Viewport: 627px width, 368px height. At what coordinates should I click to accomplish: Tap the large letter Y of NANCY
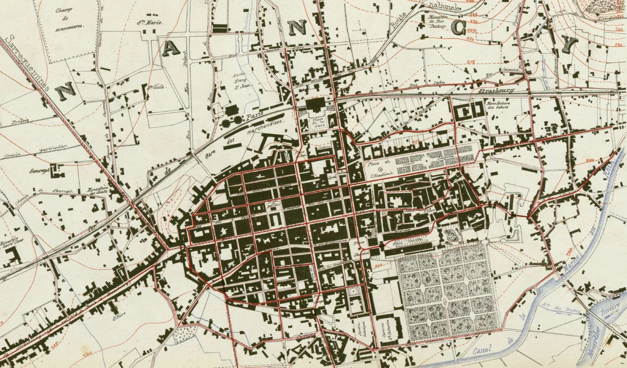pos(569,44)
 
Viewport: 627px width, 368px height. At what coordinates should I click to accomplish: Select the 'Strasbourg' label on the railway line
pos(496,91)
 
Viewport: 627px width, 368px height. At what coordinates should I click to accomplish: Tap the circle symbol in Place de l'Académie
pos(380,169)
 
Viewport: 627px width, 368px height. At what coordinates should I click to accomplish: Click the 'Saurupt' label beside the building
pos(39,170)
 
